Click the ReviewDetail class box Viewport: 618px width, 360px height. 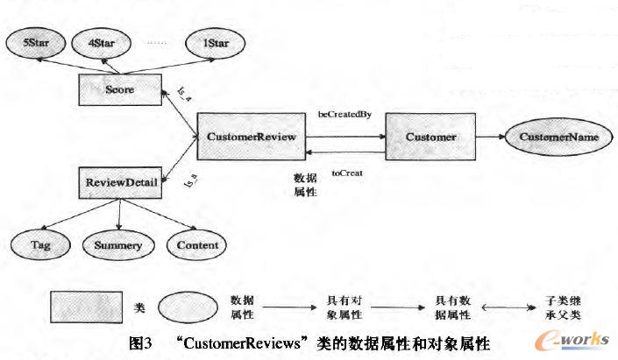pyautogui.click(x=121, y=183)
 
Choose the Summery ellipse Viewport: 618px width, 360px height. pyautogui.click(x=117, y=245)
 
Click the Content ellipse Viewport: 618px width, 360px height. pyautogui.click(x=197, y=245)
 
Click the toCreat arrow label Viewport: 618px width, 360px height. pyautogui.click(x=347, y=173)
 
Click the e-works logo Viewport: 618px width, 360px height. pyautogui.click(x=574, y=341)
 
